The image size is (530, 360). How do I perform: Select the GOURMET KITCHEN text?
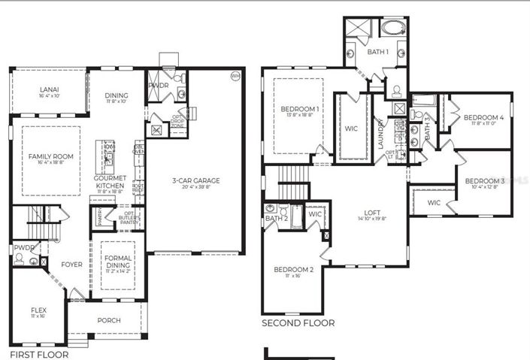(x=110, y=182)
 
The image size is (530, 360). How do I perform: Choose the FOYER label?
(x=71, y=264)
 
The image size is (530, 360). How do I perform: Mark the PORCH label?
(x=108, y=320)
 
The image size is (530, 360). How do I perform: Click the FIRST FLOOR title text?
(x=38, y=354)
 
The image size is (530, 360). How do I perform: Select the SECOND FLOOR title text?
(x=298, y=323)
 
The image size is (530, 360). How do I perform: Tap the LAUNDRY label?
(x=381, y=133)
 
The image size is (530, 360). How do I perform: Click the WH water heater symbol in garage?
(x=235, y=76)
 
